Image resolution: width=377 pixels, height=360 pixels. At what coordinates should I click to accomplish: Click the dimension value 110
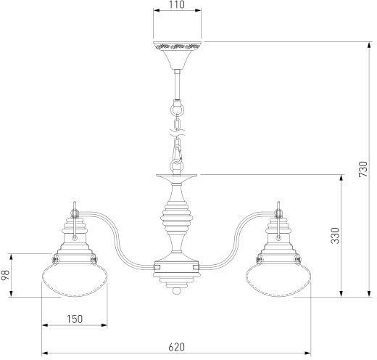(177, 5)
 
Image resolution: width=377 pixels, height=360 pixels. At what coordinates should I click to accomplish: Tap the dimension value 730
(363, 169)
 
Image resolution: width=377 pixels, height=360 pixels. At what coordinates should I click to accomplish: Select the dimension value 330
(335, 235)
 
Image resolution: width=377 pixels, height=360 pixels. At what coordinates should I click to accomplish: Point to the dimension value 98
(5, 275)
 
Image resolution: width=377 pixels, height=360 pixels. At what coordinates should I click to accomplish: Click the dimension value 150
(75, 319)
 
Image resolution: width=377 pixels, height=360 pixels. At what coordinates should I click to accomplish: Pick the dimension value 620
(176, 347)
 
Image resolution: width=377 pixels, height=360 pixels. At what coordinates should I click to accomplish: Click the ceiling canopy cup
(177, 55)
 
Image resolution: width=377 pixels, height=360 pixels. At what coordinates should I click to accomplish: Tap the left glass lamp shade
(75, 279)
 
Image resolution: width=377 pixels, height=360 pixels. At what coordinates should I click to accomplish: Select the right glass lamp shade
(278, 279)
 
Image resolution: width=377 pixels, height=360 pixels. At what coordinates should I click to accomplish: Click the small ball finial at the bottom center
(177, 290)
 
